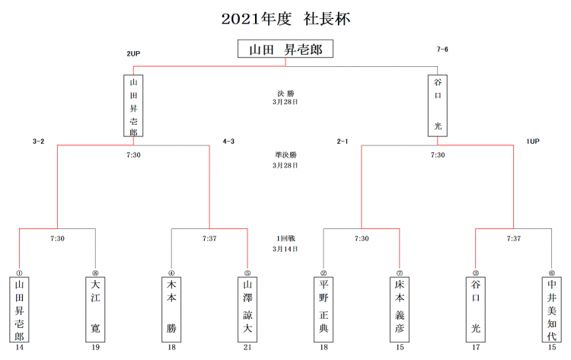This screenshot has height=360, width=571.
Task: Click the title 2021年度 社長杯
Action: (285, 18)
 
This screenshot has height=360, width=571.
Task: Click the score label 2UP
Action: (133, 53)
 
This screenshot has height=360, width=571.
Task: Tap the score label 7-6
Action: (442, 49)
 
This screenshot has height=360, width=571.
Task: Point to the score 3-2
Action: (39, 141)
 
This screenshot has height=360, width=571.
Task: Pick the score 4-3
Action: (228, 141)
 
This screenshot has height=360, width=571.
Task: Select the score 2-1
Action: (343, 141)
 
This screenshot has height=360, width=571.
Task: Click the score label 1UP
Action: (532, 141)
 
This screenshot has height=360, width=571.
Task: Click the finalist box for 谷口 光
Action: (437, 105)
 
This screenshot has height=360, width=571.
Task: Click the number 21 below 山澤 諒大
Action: (247, 349)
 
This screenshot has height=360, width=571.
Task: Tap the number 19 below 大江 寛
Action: (95, 349)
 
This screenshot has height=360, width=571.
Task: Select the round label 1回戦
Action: (285, 238)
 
